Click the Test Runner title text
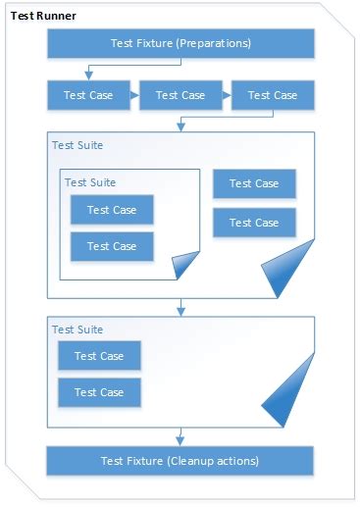(43, 17)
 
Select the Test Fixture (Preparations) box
(180, 43)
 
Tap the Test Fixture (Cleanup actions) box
(180, 460)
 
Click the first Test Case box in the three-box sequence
(88, 95)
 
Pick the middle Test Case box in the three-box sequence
(180, 95)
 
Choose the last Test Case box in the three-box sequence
(272, 95)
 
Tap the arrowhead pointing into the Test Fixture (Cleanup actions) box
(180, 440)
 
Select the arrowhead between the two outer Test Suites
(180, 311)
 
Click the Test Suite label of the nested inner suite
(89, 182)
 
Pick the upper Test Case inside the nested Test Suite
(111, 210)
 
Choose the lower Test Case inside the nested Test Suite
(111, 246)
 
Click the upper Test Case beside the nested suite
(253, 183)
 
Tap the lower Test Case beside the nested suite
(253, 223)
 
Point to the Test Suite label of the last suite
(77, 330)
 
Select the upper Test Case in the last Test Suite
(98, 356)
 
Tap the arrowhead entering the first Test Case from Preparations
(88, 76)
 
